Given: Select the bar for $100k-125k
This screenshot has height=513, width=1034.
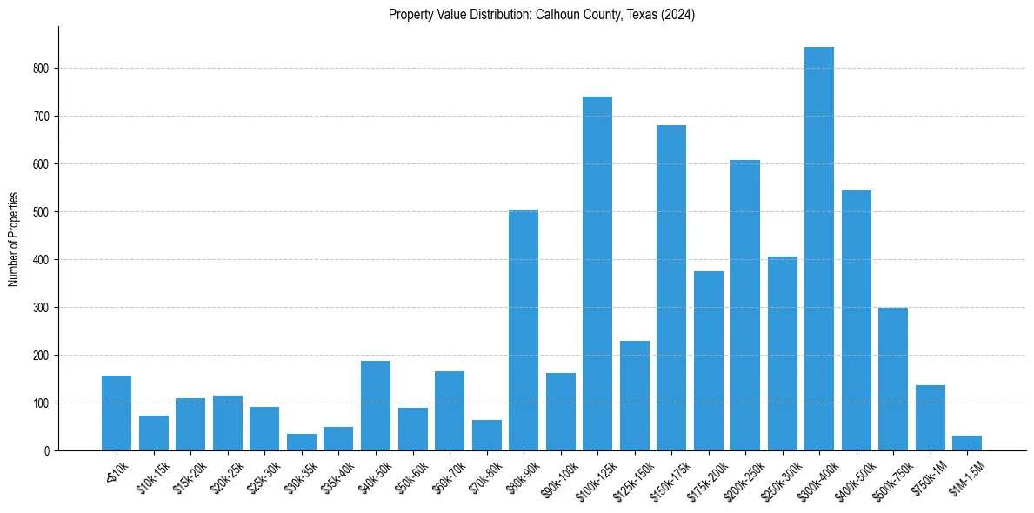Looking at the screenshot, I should pyautogui.click(x=597, y=273).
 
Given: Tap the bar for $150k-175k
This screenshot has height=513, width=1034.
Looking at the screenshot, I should pyautogui.click(x=670, y=288).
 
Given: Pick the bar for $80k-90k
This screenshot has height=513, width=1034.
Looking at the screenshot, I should pyautogui.click(x=523, y=330).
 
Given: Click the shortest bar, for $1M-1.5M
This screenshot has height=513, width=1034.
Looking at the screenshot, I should pyautogui.click(x=966, y=443).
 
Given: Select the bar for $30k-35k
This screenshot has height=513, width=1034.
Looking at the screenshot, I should pyautogui.click(x=301, y=442).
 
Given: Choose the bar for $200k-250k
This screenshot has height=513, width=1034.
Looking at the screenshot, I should pyautogui.click(x=744, y=305).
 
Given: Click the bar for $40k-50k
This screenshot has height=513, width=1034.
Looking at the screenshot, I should pyautogui.click(x=375, y=405).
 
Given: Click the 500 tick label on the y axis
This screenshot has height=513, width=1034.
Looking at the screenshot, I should pyautogui.click(x=43, y=212).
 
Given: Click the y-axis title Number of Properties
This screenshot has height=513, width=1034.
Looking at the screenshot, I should pyautogui.click(x=13, y=238).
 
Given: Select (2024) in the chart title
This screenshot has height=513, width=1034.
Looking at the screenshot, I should pyautogui.click(x=678, y=15).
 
